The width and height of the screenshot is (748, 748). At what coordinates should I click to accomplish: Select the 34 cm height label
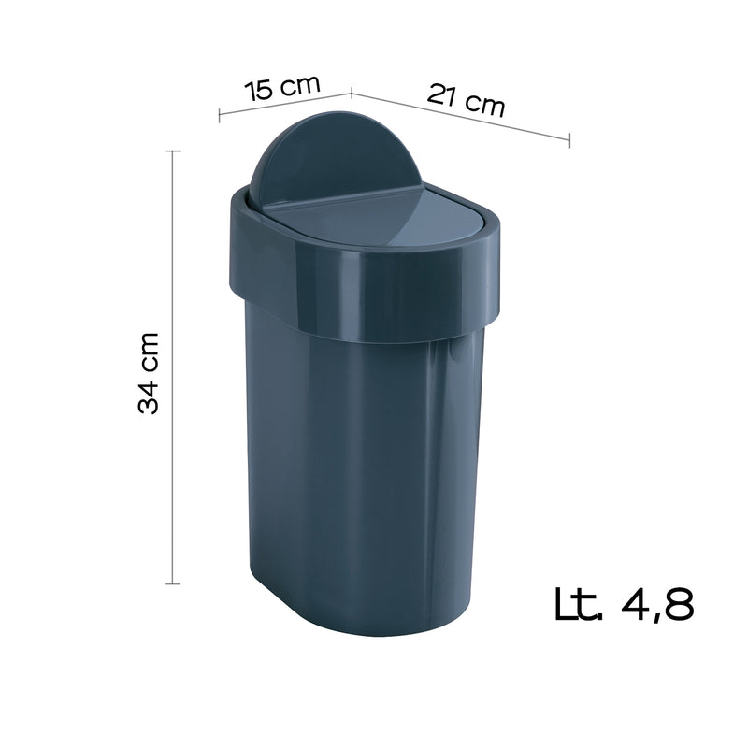[x=151, y=371]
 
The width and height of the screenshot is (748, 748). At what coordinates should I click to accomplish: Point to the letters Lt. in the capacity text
[x=577, y=604]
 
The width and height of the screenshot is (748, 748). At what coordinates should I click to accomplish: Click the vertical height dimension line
[x=173, y=374]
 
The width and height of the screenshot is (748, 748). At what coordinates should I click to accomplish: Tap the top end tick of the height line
[x=173, y=150]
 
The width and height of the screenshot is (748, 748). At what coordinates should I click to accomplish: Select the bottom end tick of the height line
[x=173, y=584]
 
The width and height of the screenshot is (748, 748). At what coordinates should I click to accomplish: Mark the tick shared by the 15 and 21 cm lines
[x=351, y=92]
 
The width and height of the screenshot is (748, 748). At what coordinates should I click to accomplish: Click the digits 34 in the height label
[x=151, y=396]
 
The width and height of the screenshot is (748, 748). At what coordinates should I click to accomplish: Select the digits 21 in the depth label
[x=445, y=94]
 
